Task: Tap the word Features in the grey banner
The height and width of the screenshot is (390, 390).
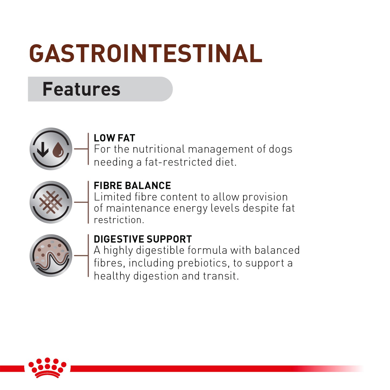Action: [81, 89]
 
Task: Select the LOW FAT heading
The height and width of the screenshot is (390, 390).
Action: [114, 138]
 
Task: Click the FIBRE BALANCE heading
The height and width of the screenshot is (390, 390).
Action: [132, 186]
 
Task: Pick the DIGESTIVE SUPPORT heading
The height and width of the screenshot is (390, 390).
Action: [143, 239]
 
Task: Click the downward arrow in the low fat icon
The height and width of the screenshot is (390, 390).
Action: [43, 149]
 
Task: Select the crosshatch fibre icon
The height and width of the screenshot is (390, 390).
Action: [51, 202]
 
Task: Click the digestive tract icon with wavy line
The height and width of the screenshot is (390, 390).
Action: [51, 256]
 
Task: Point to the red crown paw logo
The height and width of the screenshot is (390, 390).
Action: [48, 367]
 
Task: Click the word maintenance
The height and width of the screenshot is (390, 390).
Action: [138, 208]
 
